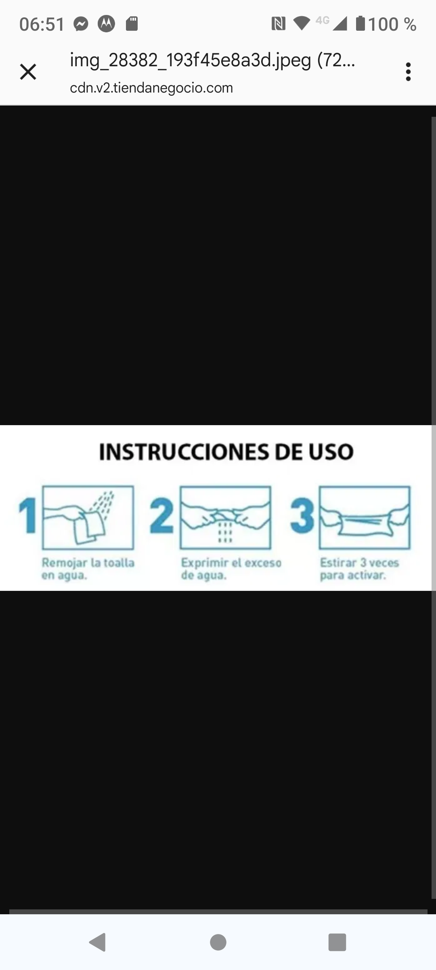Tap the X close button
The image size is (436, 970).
[28, 72]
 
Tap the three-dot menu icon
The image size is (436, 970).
[408, 72]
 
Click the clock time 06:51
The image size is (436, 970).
[42, 25]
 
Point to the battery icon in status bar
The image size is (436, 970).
[361, 23]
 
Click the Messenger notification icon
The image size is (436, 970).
[81, 24]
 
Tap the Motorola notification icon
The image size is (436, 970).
[106, 24]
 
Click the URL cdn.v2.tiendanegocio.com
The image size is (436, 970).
[151, 88]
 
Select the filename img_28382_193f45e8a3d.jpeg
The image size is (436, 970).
[191, 60]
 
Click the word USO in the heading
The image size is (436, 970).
[331, 452]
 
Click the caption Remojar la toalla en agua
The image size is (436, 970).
[88, 569]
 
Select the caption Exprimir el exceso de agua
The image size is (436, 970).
[231, 569]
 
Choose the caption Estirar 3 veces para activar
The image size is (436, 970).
[360, 569]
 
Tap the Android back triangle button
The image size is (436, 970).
[98, 942]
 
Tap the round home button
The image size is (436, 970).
[218, 942]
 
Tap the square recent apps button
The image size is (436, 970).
[337, 942]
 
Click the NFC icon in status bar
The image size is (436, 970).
[278, 24]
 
